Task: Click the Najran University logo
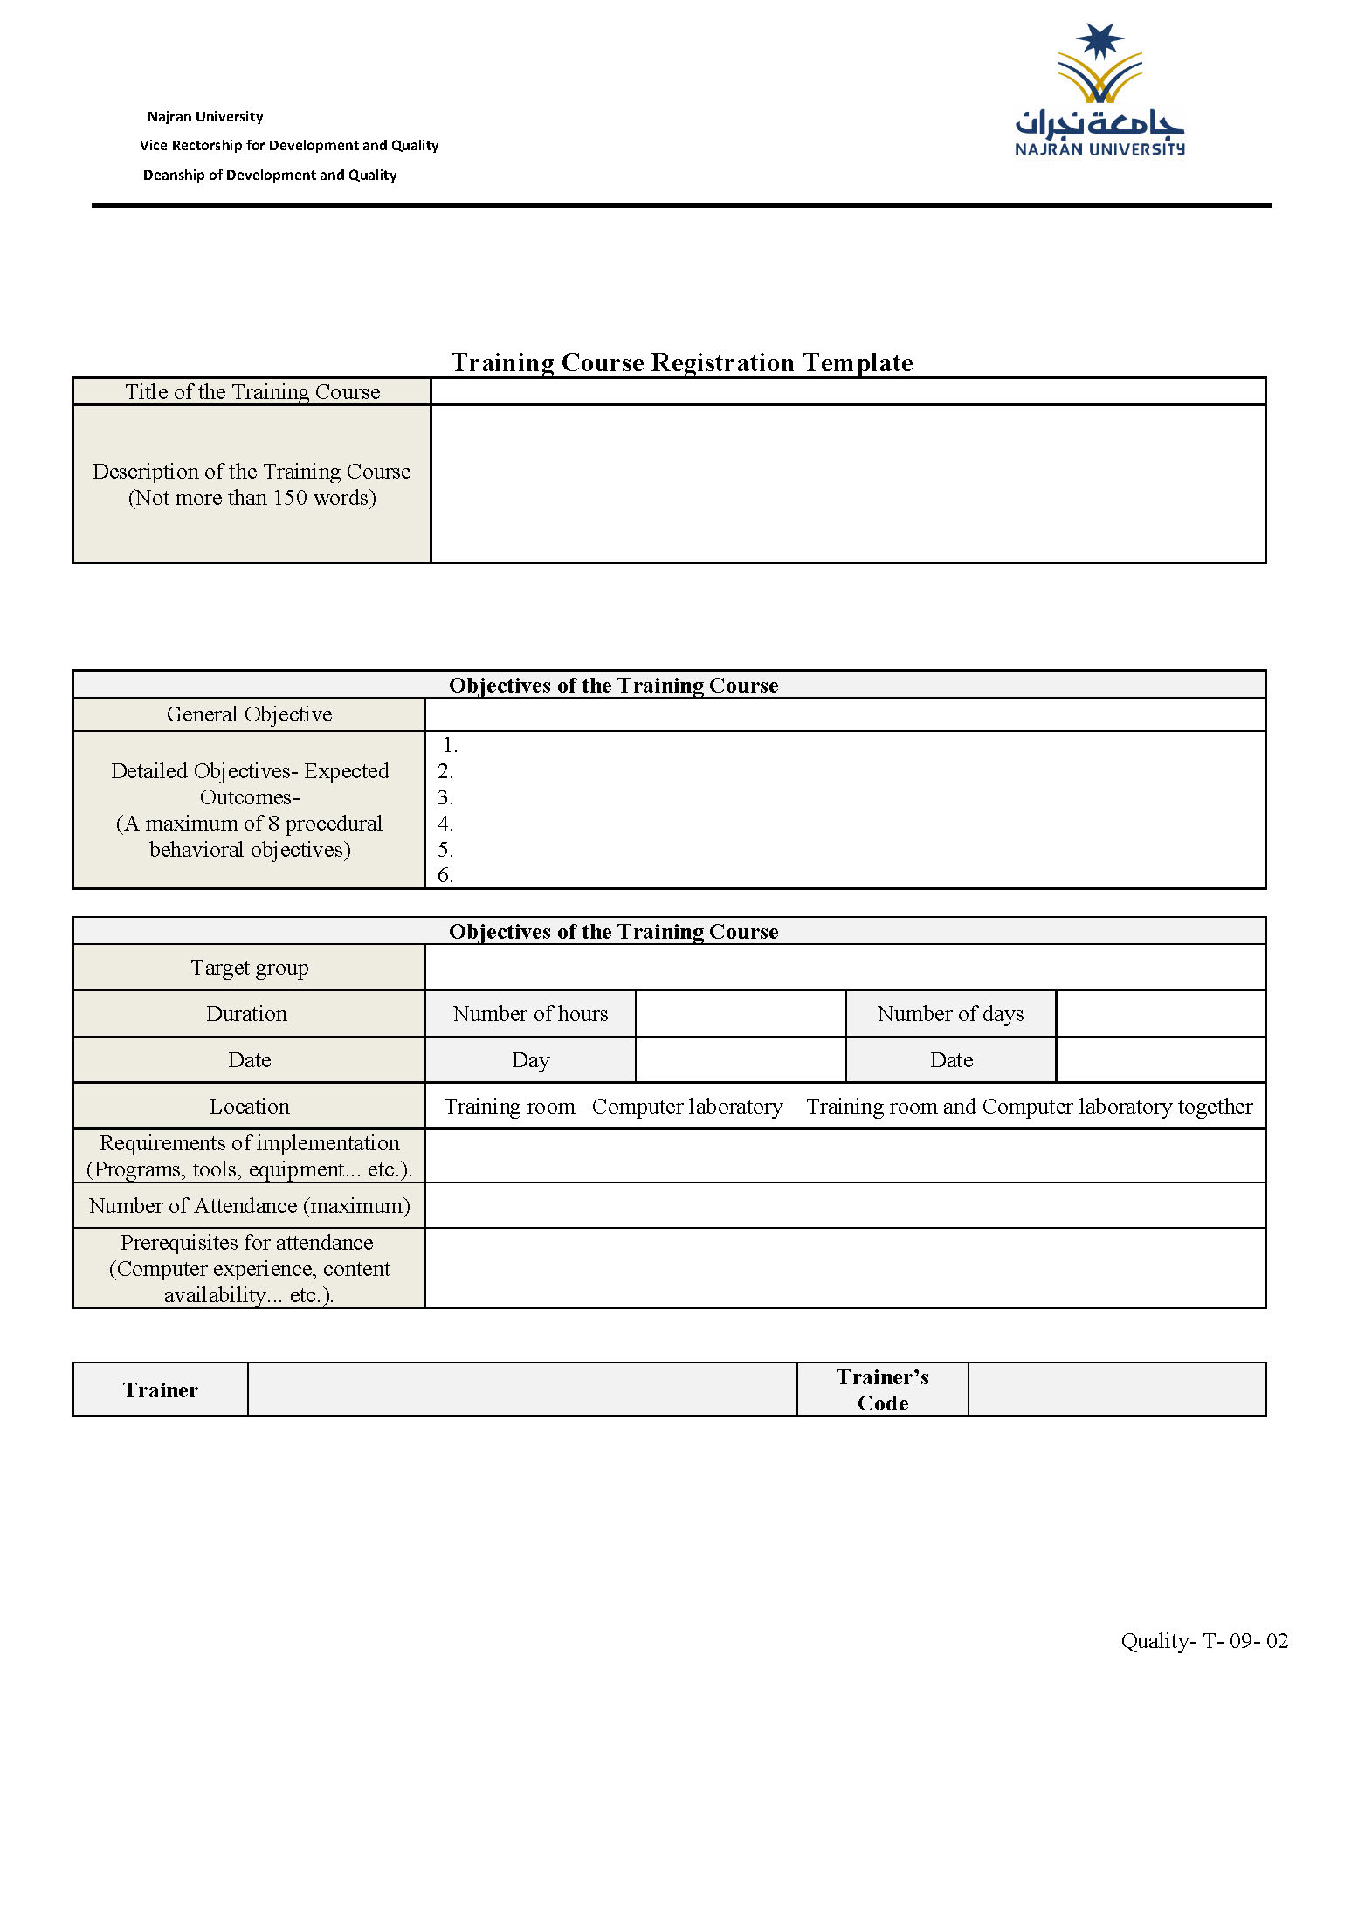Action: pyautogui.click(x=1099, y=92)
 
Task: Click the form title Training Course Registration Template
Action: pyautogui.click(x=681, y=362)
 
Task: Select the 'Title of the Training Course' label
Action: pyautogui.click(x=252, y=392)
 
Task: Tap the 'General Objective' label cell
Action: pyautogui.click(x=250, y=714)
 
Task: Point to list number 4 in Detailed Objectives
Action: pyautogui.click(x=445, y=824)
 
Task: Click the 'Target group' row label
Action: pyautogui.click(x=250, y=968)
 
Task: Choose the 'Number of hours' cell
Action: pyautogui.click(x=530, y=1014)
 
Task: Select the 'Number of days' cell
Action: pyautogui.click(x=950, y=1014)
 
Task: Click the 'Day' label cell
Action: pyautogui.click(x=530, y=1060)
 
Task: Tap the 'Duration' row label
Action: pyautogui.click(x=247, y=1014)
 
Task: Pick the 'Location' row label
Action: pyautogui.click(x=250, y=1107)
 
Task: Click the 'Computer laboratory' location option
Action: pyautogui.click(x=687, y=1107)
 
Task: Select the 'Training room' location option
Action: pyautogui.click(x=509, y=1107)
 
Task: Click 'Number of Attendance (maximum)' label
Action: pyautogui.click(x=250, y=1206)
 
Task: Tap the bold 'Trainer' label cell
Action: pyautogui.click(x=161, y=1390)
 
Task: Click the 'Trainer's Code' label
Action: pyautogui.click(x=882, y=1390)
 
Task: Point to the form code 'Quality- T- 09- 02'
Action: pyautogui.click(x=1204, y=1641)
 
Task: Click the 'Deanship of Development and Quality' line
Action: pyautogui.click(x=270, y=176)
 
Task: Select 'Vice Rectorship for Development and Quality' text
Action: pyautogui.click(x=289, y=146)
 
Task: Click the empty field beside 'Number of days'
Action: pyautogui.click(x=1161, y=1014)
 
